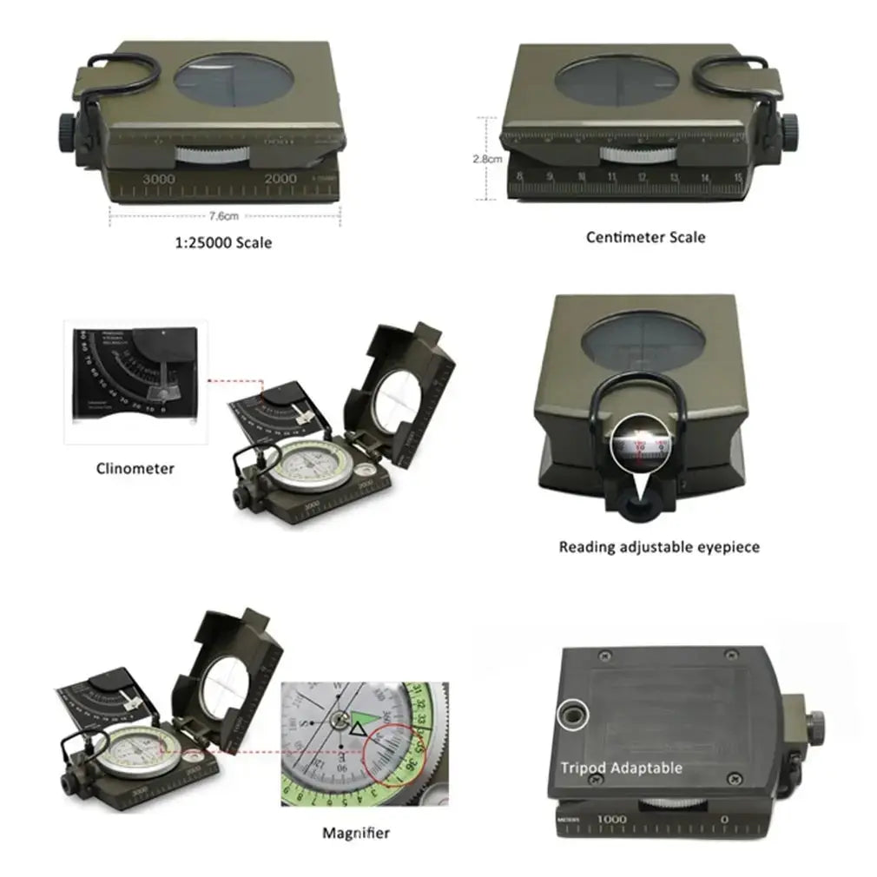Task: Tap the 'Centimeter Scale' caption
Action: [x=645, y=237]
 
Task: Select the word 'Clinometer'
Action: [x=135, y=469]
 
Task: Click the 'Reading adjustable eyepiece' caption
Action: [x=659, y=547]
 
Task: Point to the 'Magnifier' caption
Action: [x=356, y=834]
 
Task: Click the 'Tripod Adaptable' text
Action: [x=621, y=768]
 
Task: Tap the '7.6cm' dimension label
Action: [x=223, y=215]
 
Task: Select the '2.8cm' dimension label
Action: [x=486, y=159]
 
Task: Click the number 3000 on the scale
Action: [x=159, y=178]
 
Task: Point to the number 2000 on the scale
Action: [x=281, y=178]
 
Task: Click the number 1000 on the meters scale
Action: [x=611, y=819]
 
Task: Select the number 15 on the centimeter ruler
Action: [x=737, y=179]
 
